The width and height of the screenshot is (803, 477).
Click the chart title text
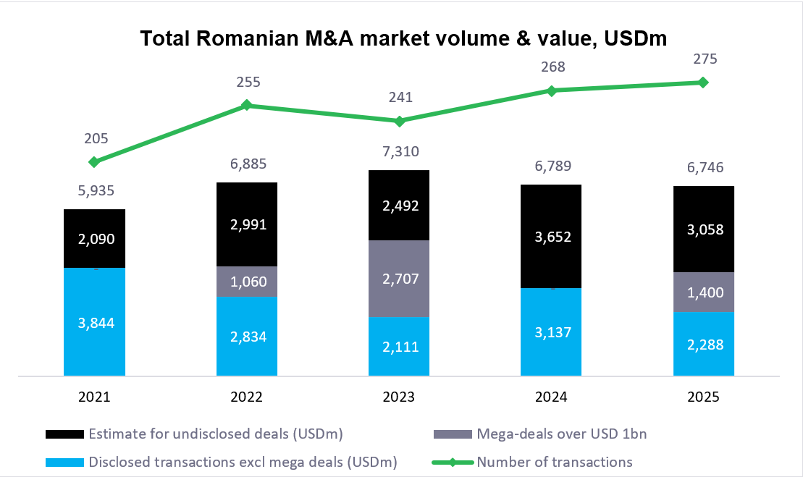pyautogui.click(x=403, y=38)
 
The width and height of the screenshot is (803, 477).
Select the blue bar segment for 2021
pyautogui.click(x=95, y=321)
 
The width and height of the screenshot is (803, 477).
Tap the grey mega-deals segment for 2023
pyautogui.click(x=399, y=278)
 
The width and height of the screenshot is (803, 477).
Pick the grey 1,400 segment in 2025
pyautogui.click(x=704, y=292)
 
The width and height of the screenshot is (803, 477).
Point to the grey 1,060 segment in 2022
pyautogui.click(x=247, y=282)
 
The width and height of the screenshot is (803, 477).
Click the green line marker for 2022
pyautogui.click(x=247, y=105)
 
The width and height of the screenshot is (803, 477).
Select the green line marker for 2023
pyautogui.click(x=399, y=121)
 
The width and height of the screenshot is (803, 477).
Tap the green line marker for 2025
pyautogui.click(x=703, y=83)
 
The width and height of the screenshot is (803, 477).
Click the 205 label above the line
pyautogui.click(x=96, y=138)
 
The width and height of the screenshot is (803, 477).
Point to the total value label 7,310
pyautogui.click(x=399, y=152)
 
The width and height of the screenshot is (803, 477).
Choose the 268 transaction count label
pyautogui.click(x=552, y=67)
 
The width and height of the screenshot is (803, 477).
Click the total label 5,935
pyautogui.click(x=95, y=191)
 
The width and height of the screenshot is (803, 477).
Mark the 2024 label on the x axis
pyautogui.click(x=551, y=397)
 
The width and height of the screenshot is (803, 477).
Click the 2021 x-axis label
pyautogui.click(x=95, y=397)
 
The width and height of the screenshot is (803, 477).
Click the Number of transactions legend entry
pyautogui.click(x=554, y=462)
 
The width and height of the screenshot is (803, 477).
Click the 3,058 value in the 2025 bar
pyautogui.click(x=704, y=229)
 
